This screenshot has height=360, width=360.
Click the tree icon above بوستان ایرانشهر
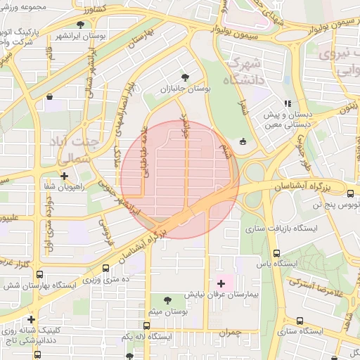82,25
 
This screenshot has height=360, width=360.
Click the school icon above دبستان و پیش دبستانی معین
286,103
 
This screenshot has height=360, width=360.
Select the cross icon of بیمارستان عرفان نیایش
222,283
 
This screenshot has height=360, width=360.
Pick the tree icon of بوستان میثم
167,300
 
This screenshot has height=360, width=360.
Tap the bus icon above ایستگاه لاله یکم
146,326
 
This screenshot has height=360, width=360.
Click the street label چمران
229,332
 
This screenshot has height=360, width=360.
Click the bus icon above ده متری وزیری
106,269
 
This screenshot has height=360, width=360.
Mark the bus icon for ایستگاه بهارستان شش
39,275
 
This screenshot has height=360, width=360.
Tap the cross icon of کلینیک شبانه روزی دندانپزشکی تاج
31,319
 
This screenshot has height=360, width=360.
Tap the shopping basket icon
49,96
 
